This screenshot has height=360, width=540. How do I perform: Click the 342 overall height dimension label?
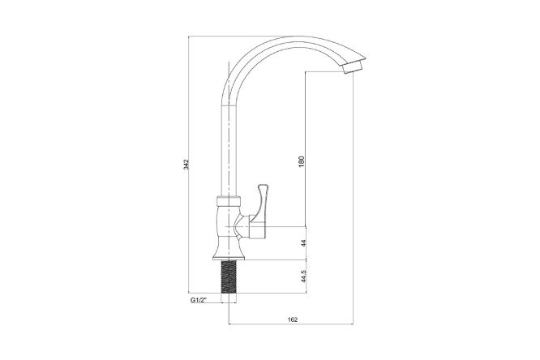[x=186, y=165]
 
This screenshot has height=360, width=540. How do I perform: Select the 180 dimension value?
[x=302, y=161]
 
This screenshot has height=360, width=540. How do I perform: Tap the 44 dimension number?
[x=303, y=243]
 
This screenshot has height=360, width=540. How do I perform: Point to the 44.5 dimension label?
[x=303, y=276]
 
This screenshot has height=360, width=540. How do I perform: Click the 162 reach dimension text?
[x=292, y=319]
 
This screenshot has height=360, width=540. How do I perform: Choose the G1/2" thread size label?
[x=198, y=300]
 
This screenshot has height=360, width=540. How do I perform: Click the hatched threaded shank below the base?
[x=229, y=276]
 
